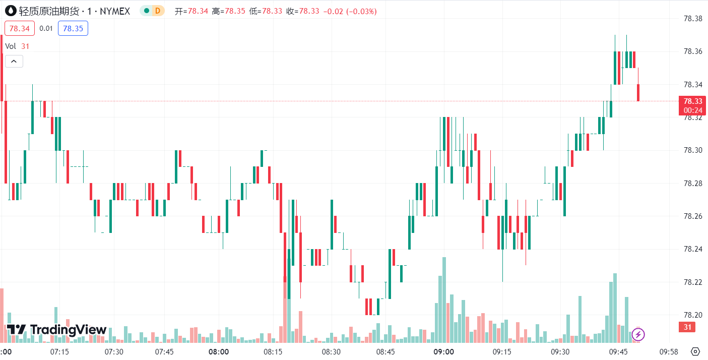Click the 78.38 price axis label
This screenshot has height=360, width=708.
(x=692, y=19)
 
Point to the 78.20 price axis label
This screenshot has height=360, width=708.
(x=692, y=315)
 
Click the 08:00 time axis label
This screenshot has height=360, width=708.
(x=219, y=351)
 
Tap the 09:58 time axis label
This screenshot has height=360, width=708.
(x=668, y=351)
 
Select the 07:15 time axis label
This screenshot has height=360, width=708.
(x=59, y=351)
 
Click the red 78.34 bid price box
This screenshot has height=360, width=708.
(x=20, y=28)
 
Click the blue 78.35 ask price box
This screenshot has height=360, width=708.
(x=73, y=28)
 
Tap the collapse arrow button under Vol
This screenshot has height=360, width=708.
(x=14, y=62)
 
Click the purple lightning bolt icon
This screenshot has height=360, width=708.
(x=638, y=334)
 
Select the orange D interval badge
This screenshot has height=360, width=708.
(x=158, y=11)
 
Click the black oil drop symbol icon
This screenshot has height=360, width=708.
(x=10, y=11)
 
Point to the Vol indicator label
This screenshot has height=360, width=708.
(x=11, y=46)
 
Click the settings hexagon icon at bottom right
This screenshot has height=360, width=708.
(x=695, y=351)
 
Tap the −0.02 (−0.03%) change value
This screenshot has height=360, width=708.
(x=349, y=11)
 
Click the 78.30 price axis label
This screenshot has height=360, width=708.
(x=692, y=150)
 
